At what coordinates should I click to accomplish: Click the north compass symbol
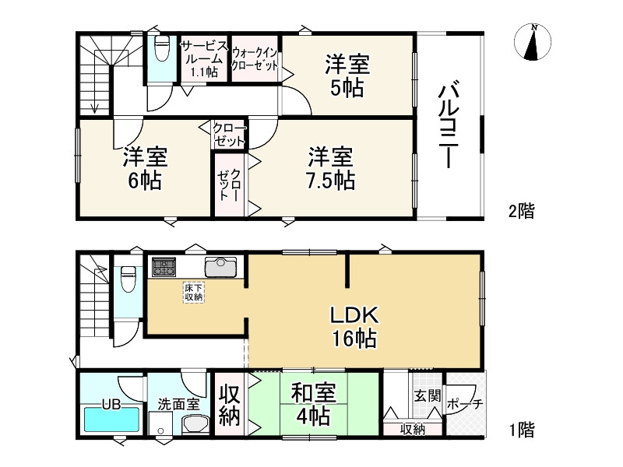tap(533, 42)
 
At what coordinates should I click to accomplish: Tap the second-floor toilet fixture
tap(161, 47)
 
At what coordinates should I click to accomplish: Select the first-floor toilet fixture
tap(128, 279)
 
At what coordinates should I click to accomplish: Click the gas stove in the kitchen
tap(164, 267)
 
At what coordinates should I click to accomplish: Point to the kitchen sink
tap(221, 267)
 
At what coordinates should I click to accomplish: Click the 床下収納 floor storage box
tap(194, 293)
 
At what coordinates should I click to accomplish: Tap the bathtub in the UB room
tap(111, 419)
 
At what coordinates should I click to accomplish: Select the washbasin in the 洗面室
tap(195, 425)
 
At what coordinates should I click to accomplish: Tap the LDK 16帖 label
tap(354, 327)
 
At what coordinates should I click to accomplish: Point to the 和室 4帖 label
tap(314, 404)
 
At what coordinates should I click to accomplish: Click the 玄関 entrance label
tap(427, 396)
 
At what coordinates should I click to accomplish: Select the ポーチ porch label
tap(465, 404)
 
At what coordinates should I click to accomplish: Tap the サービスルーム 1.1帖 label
tap(205, 59)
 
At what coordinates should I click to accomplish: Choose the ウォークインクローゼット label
tap(255, 59)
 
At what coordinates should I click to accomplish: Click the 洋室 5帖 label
tap(347, 75)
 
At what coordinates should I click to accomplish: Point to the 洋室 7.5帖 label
tap(331, 168)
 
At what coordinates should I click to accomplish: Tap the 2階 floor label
tap(522, 211)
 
